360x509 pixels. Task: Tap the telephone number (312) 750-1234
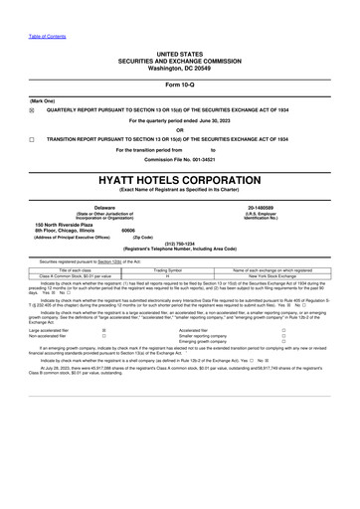(180, 242)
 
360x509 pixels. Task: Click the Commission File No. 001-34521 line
(180, 158)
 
